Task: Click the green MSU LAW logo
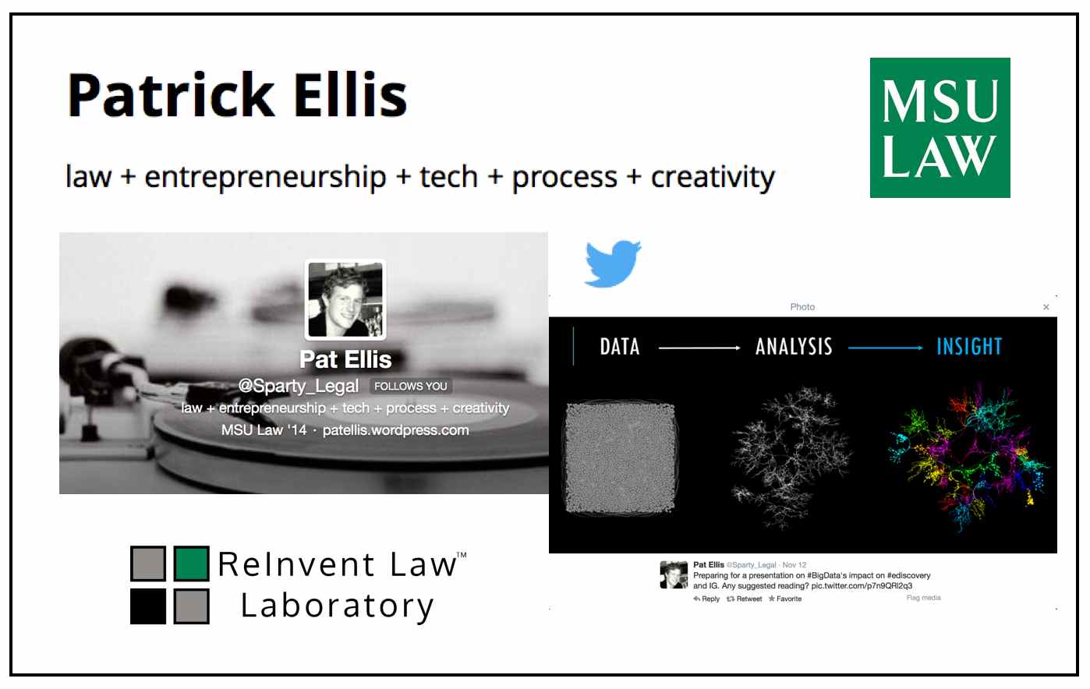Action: pos(940,128)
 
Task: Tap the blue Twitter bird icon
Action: pos(613,263)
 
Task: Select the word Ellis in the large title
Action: pos(350,95)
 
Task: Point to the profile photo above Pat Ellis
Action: pos(345,299)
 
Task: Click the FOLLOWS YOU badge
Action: pos(411,386)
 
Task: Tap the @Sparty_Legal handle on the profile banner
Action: pos(299,386)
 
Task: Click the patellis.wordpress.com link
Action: pos(395,430)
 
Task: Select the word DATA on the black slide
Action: pos(619,347)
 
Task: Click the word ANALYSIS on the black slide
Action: pos(794,347)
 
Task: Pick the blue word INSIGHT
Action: pos(969,347)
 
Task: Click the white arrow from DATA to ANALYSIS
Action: pos(699,348)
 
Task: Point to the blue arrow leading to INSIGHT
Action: pos(885,348)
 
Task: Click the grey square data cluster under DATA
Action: pos(621,458)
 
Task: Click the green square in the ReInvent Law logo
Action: pos(192,564)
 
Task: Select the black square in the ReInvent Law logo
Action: pos(148,606)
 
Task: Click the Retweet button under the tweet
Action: pos(744,599)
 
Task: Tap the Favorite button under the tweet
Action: pos(785,599)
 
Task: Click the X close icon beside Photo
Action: pos(1046,307)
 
